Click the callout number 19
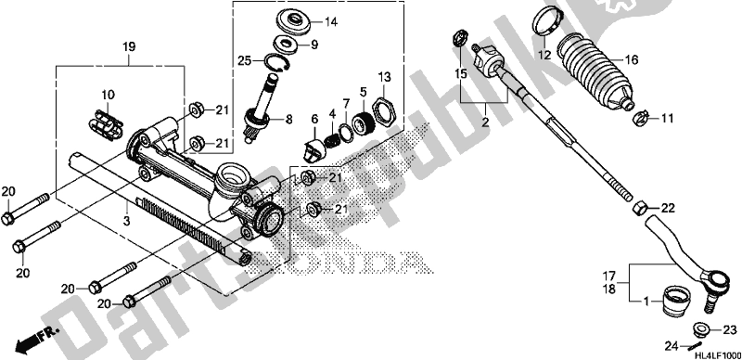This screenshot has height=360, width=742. coord(129,45)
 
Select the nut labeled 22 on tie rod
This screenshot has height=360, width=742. coord(640,208)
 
